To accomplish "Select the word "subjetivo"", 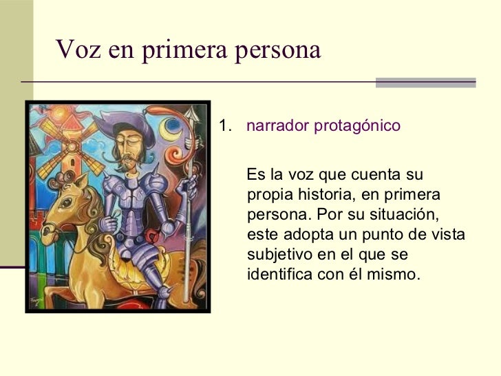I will point(275,254).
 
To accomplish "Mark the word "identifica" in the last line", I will point(279,274).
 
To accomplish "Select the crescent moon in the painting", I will point(171,128).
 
